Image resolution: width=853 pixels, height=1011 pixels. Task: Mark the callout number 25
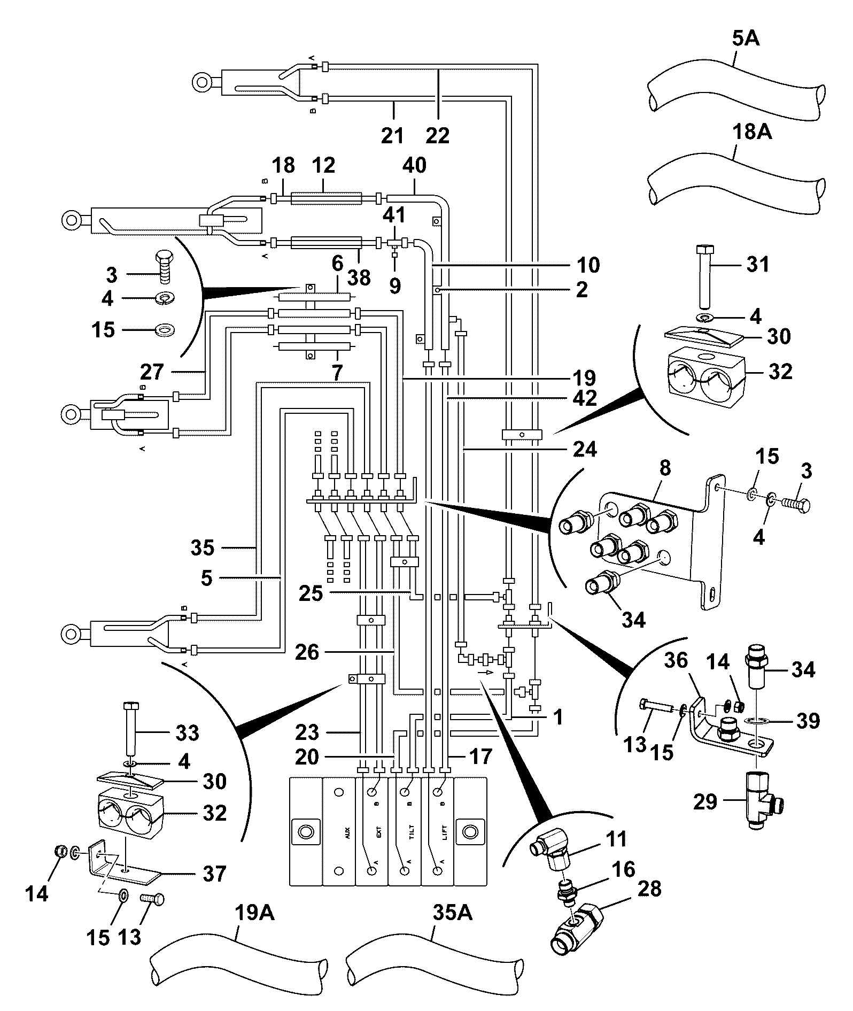pyautogui.click(x=311, y=593)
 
